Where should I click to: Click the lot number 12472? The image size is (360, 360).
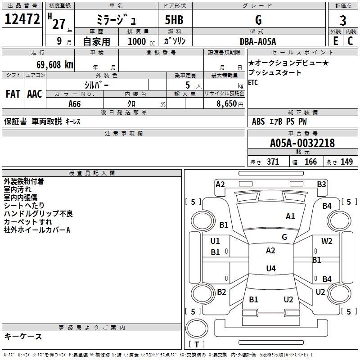pos(22,19)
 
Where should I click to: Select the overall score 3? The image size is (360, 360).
pos(343,21)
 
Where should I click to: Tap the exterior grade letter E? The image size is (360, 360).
pos(335,41)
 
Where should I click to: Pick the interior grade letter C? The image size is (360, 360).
pos(350,41)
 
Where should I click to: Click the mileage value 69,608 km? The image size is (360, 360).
pos(55,65)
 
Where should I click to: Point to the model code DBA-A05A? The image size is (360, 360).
pos(258,41)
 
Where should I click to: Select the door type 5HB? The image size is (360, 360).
pos(174,20)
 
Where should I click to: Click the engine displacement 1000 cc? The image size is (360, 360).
pos(141,41)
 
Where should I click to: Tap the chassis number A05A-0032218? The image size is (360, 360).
pos(302,143)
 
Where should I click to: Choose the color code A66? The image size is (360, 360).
pos(75,104)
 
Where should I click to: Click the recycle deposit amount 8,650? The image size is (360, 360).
pos(227,104)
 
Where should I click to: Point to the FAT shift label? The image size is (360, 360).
pos(13,94)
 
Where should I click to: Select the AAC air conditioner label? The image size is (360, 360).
pos(35,94)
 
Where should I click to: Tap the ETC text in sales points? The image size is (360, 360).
pos(253,82)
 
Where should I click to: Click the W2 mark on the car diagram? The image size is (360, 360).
pos(327,241)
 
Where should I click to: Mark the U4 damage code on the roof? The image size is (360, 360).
pos(271,268)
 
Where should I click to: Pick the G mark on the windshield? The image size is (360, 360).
pos(284,237)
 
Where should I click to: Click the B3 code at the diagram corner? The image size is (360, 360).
pos(321,184)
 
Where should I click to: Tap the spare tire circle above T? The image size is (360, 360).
pos(197,328)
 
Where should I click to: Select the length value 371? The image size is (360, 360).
pos(273,162)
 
